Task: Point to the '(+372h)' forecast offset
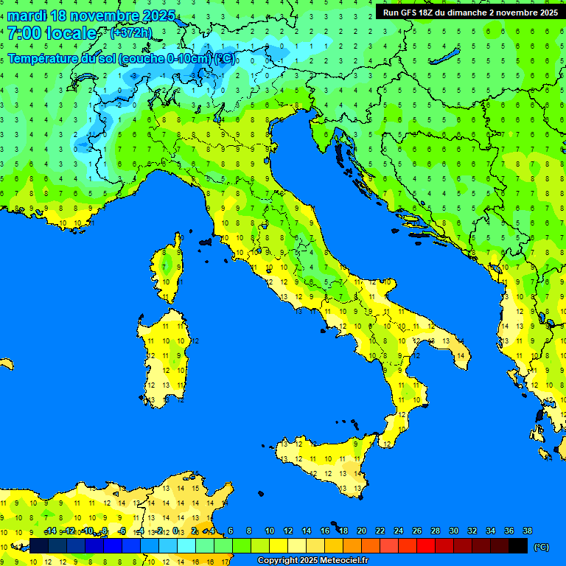point(130,33)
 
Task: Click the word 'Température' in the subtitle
point(44,58)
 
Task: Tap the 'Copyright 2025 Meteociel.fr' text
point(312,561)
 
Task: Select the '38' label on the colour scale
point(528,531)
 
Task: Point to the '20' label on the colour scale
point(362,531)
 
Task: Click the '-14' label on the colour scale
point(50,531)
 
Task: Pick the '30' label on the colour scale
point(454,531)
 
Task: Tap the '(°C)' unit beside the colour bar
point(542,547)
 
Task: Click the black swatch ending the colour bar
point(518,546)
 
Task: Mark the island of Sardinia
point(164,357)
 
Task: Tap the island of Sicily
point(324,461)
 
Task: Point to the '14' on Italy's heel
point(461,356)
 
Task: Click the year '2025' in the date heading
point(157,15)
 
